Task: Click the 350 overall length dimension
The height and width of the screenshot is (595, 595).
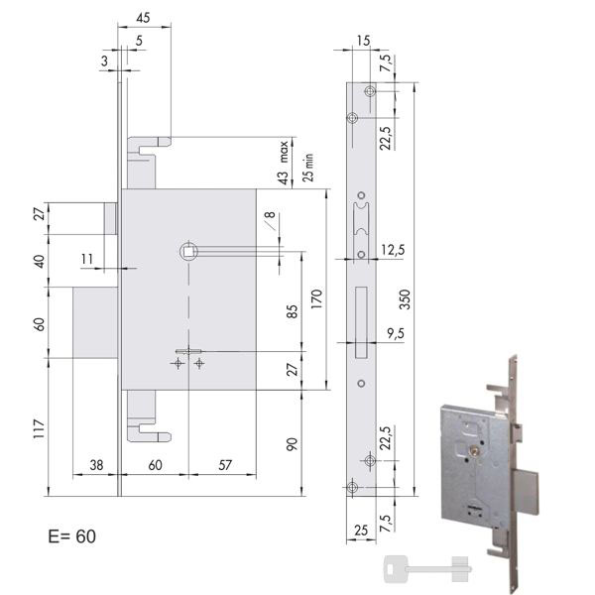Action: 405,299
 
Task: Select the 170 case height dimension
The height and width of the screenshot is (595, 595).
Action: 316,298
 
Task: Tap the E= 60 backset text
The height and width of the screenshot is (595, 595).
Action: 71,536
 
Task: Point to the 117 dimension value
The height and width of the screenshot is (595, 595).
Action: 39,428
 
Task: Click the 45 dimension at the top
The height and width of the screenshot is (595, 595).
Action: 143,18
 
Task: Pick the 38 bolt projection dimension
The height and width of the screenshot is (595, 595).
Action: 96,465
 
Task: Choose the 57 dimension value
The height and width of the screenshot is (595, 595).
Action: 225,465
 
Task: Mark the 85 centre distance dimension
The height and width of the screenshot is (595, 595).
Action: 292,311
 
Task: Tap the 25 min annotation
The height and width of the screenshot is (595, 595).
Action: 308,168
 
